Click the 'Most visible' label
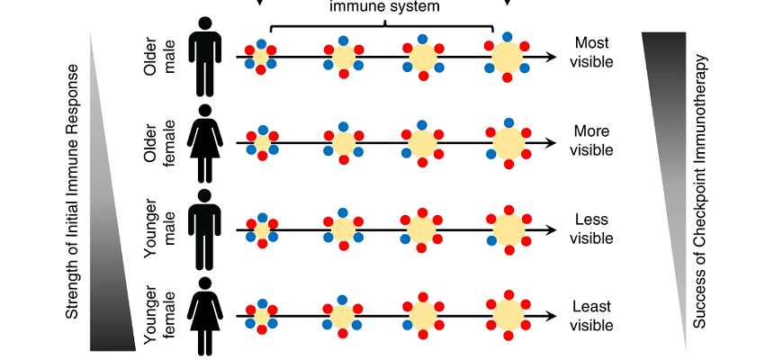pyautogui.click(x=591, y=52)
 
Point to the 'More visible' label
pyautogui.click(x=591, y=140)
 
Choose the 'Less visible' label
pyautogui.click(x=591, y=229)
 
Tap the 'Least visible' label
pyautogui.click(x=591, y=316)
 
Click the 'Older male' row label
pyautogui.click(x=161, y=56)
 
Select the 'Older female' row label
pyautogui.click(x=161, y=141)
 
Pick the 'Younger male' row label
pyautogui.click(x=161, y=229)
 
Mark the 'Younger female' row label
pyautogui.click(x=161, y=316)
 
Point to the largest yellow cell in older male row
pyautogui.click(x=508, y=58)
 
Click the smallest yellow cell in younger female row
pyautogui.click(x=263, y=316)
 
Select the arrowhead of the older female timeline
pyautogui.click(x=551, y=142)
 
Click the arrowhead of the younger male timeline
pyautogui.click(x=551, y=230)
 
